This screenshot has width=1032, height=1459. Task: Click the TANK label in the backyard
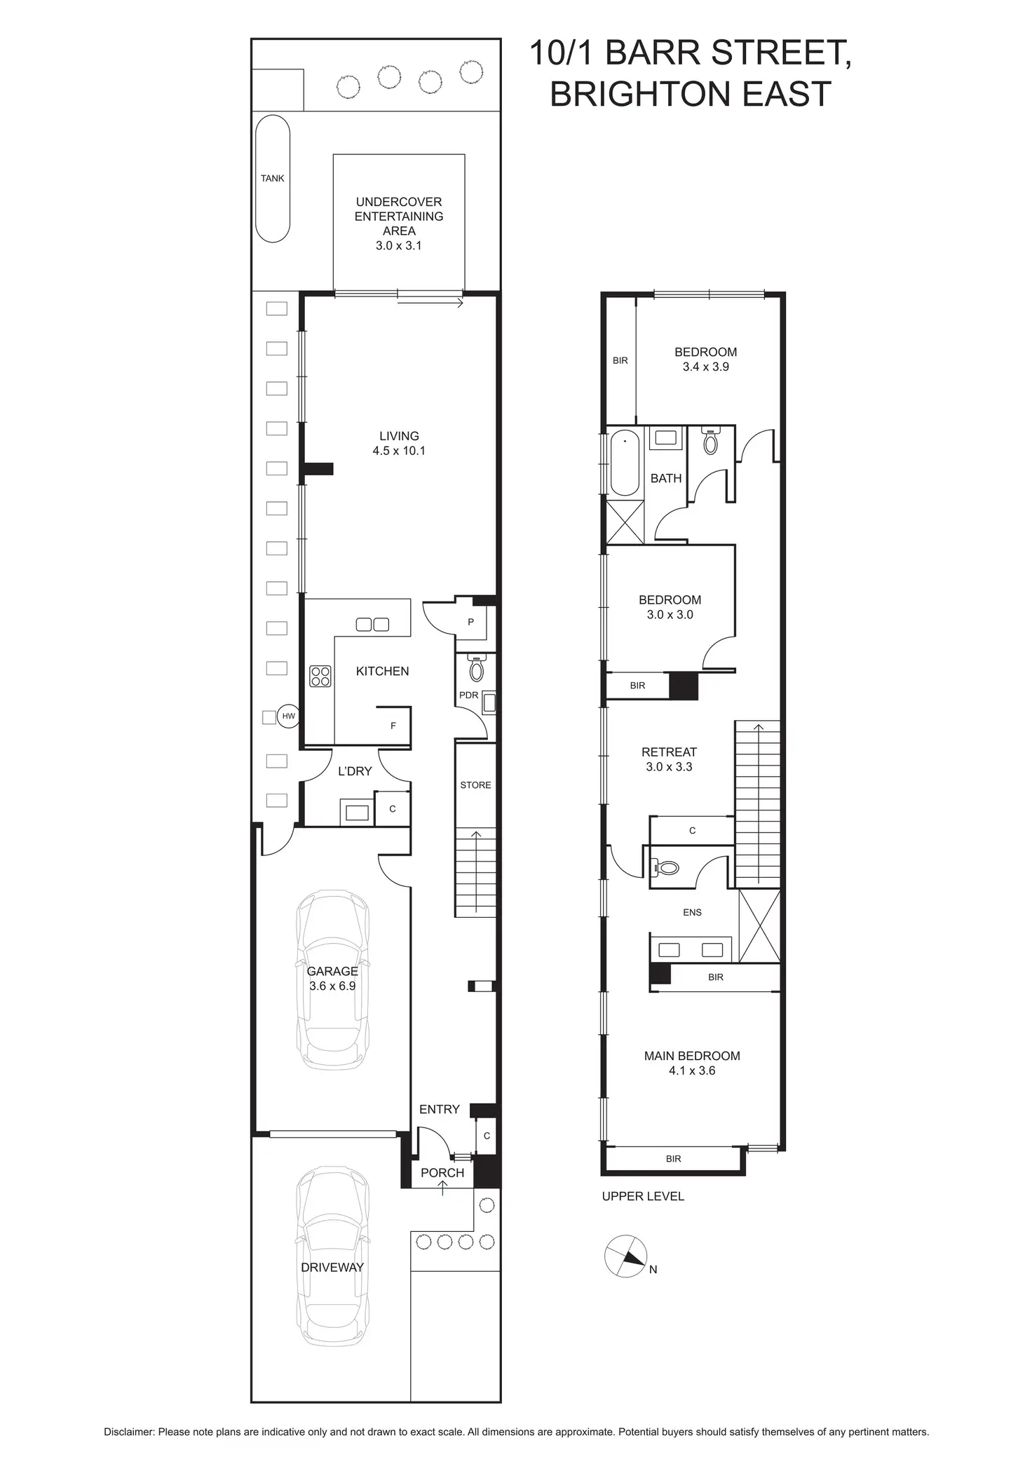pos(272,179)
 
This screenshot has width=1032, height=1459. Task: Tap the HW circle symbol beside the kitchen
pos(288,717)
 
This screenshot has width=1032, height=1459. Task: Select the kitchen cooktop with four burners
pos(320,676)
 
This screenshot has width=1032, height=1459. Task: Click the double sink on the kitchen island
pos(372,624)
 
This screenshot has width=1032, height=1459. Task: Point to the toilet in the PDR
pos(477,670)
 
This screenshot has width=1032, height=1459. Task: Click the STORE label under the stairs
pos(475,785)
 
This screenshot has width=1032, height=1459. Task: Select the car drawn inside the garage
pos(332,979)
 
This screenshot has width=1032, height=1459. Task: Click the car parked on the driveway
pos(332,1255)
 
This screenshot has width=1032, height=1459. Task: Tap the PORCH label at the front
pos(442,1173)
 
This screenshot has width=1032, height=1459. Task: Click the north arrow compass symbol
pos(625,1256)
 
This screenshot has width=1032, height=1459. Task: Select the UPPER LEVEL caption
pos(643,1197)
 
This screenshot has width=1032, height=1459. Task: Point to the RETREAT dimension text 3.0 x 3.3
pos(669,767)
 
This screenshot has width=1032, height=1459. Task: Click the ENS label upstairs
pos(692,912)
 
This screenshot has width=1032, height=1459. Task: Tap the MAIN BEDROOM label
pos(692,1056)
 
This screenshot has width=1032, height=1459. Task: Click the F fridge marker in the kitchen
pos(393,726)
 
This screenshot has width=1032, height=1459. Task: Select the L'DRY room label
pos(355,771)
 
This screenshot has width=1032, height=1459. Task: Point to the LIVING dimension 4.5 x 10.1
pos(399,451)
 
